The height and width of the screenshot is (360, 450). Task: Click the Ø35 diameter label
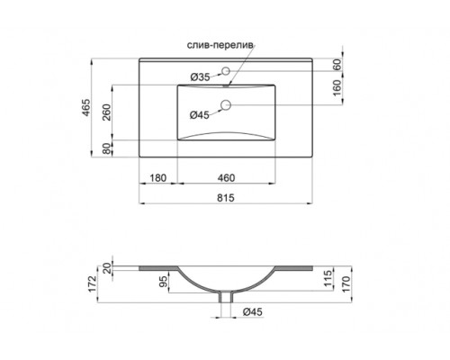[202, 77]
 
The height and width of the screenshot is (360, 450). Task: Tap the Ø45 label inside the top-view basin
[200, 114]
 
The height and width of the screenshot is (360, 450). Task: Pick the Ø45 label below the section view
[253, 313]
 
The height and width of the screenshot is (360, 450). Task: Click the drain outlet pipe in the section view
[229, 298]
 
